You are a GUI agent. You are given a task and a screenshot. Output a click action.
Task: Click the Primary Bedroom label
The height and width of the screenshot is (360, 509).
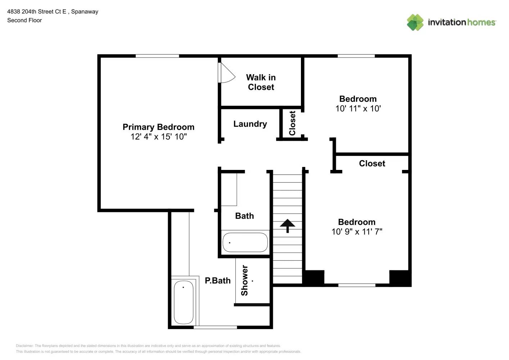pyautogui.click(x=158, y=127)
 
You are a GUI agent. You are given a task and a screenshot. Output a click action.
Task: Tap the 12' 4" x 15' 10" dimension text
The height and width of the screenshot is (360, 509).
pyautogui.click(x=158, y=137)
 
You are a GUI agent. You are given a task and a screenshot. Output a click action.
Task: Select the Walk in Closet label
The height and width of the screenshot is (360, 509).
pyautogui.click(x=261, y=82)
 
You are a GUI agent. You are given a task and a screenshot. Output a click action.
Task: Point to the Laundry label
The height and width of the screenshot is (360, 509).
pyautogui.click(x=250, y=124)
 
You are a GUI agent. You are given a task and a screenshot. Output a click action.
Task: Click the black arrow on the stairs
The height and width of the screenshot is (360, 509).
pyautogui.click(x=288, y=226)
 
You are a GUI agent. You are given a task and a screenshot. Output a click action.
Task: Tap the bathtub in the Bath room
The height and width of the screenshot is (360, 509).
pyautogui.click(x=245, y=242)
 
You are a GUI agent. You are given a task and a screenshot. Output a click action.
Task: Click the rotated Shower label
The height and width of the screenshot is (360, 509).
pyautogui.click(x=244, y=280)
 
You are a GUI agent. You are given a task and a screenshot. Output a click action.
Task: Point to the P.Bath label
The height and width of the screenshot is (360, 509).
pyautogui.click(x=217, y=281)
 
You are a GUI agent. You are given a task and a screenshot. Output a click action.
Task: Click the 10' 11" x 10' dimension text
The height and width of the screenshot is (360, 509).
pyautogui.click(x=358, y=109)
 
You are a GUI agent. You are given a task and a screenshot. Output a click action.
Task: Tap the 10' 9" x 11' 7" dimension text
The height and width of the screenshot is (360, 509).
pyautogui.click(x=357, y=232)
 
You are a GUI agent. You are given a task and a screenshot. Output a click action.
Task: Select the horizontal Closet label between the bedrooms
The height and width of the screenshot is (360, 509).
pyautogui.click(x=372, y=163)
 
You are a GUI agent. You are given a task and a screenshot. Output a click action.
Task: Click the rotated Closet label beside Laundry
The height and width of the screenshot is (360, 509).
pyautogui.click(x=292, y=123)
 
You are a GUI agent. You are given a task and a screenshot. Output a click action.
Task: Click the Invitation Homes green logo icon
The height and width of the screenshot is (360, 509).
pyautogui.click(x=415, y=22)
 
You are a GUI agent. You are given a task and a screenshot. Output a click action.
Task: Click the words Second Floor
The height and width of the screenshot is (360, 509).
pyautogui.click(x=24, y=21)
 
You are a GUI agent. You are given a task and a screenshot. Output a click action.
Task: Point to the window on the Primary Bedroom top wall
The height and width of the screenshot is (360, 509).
pyautogui.click(x=157, y=56)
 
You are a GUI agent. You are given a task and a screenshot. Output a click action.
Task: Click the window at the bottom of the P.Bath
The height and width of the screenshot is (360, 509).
pyautogui.click(x=215, y=327)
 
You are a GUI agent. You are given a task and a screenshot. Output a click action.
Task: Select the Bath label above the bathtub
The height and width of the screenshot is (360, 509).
pyautogui.click(x=244, y=216)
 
